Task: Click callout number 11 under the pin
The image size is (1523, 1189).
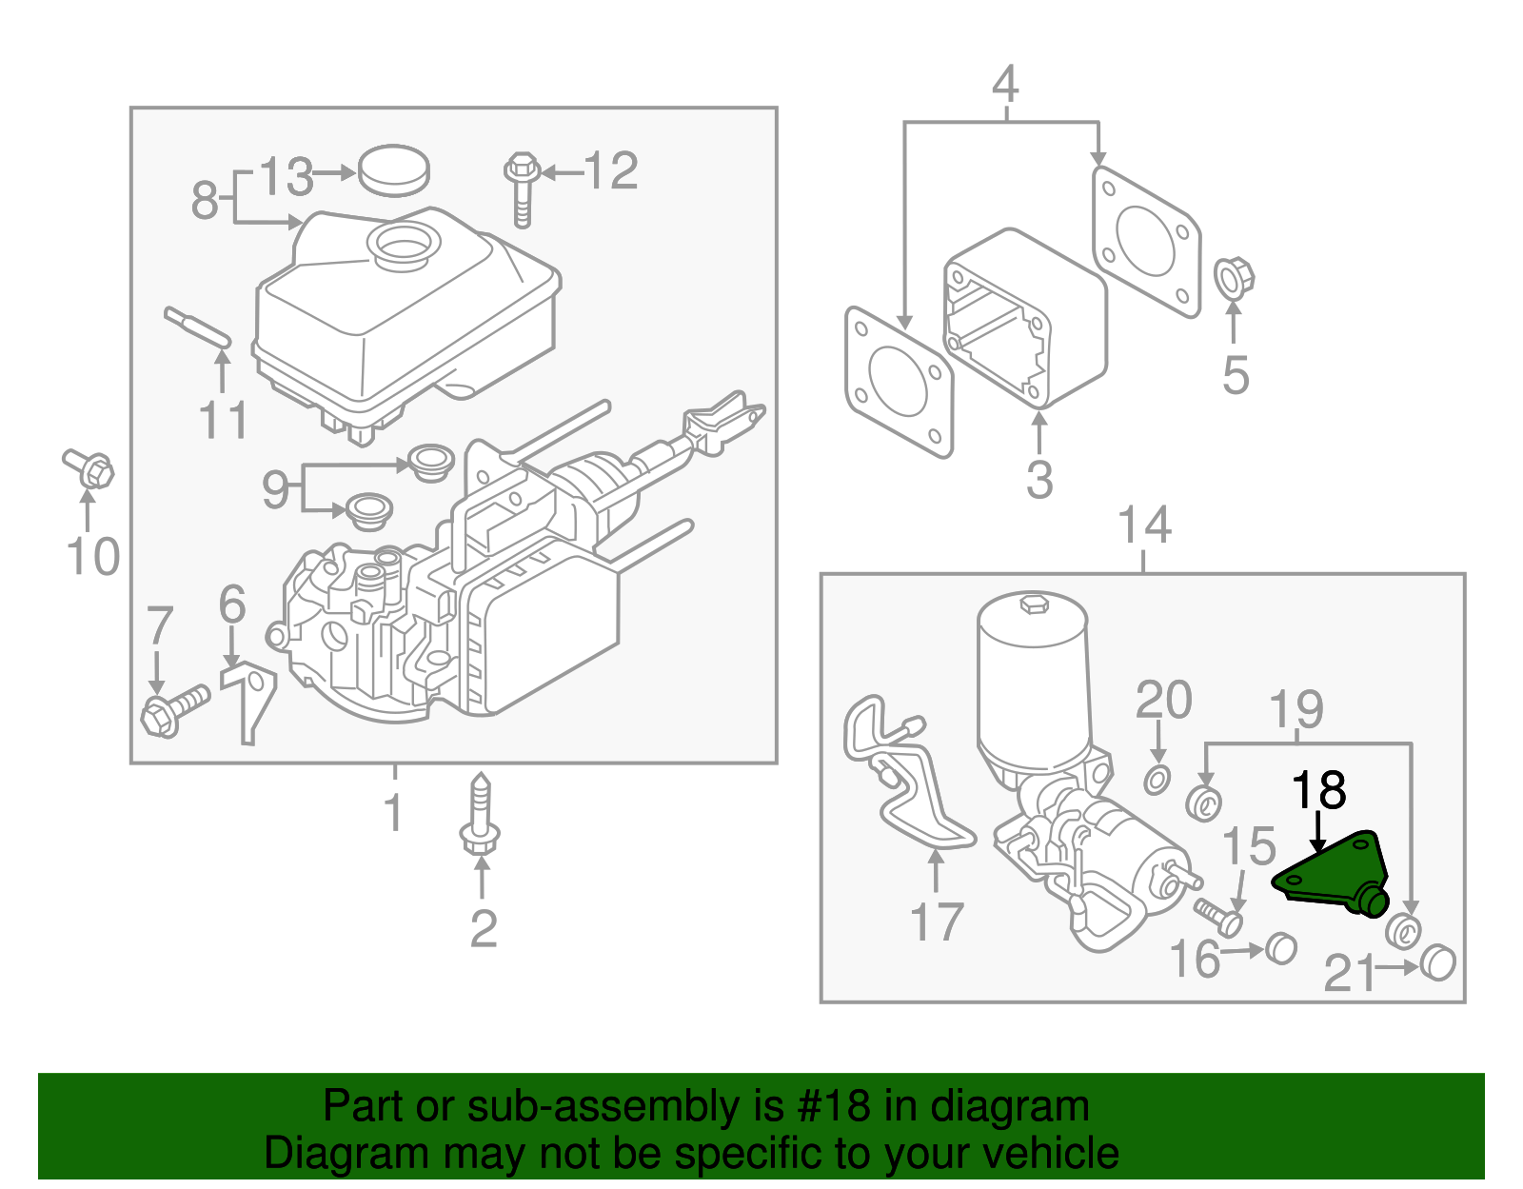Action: point(224,420)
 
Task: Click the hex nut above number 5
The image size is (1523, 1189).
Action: point(1235,278)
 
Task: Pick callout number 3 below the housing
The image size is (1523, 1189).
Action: point(1039,479)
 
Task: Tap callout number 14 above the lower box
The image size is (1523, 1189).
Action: point(1144,525)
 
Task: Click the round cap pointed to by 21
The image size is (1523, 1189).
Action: point(1438,963)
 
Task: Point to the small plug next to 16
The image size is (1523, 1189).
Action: point(1280,947)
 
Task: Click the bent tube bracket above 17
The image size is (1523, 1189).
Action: point(909,781)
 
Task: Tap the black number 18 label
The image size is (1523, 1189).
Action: point(1318,790)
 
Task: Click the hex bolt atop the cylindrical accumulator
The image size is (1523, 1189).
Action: point(1033,604)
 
